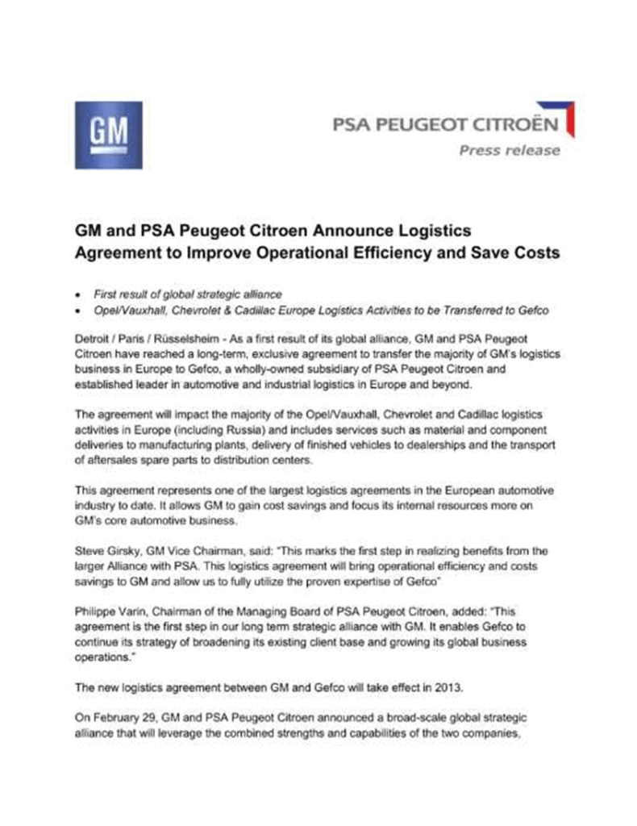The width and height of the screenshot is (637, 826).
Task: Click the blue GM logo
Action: coord(108,135)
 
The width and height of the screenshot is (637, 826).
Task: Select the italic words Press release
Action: coord(509,150)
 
